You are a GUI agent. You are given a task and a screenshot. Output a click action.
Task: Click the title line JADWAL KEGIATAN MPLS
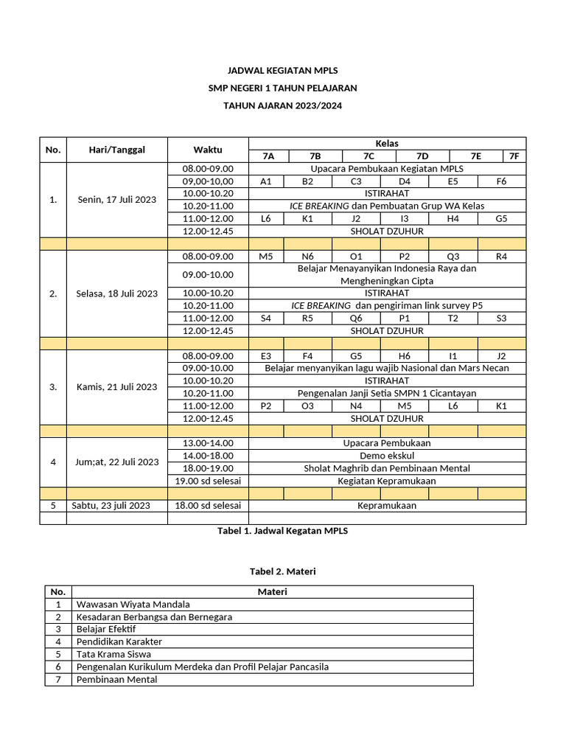(283, 72)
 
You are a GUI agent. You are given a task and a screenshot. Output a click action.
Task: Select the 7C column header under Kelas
(368, 156)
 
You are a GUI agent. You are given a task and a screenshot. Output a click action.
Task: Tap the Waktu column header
(208, 150)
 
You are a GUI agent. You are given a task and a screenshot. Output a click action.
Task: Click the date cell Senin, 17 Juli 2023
(116, 200)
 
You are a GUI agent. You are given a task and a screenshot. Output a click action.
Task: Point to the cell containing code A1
(267, 181)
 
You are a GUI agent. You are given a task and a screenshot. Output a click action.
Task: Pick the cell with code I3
(405, 219)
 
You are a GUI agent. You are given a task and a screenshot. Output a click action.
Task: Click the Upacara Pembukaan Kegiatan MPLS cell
(387, 169)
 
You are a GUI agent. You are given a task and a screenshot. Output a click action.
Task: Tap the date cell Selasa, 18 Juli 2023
(116, 293)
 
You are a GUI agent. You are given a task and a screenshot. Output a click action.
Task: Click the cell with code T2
(453, 319)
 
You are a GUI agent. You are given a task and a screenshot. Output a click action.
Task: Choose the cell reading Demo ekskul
(387, 456)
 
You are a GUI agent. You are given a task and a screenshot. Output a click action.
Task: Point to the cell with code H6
(405, 355)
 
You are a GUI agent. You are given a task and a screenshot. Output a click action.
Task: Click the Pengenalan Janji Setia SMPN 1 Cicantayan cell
(387, 393)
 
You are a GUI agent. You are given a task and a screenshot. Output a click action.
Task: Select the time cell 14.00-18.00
(208, 456)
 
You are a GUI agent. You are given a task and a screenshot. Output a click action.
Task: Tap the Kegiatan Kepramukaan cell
(387, 481)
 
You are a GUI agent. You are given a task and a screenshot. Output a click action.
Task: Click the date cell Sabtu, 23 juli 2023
(111, 506)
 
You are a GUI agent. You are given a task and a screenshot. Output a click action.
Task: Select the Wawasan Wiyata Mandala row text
(133, 604)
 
